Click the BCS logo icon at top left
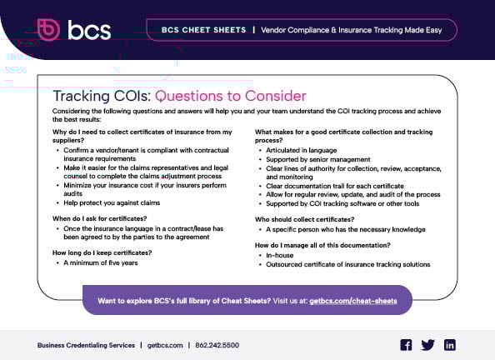50,30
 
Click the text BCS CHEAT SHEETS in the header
196,30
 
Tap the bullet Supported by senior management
317,158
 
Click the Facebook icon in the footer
407,345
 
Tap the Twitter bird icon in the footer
428,345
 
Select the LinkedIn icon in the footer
450,345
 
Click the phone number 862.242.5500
219,345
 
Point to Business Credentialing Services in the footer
86,345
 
